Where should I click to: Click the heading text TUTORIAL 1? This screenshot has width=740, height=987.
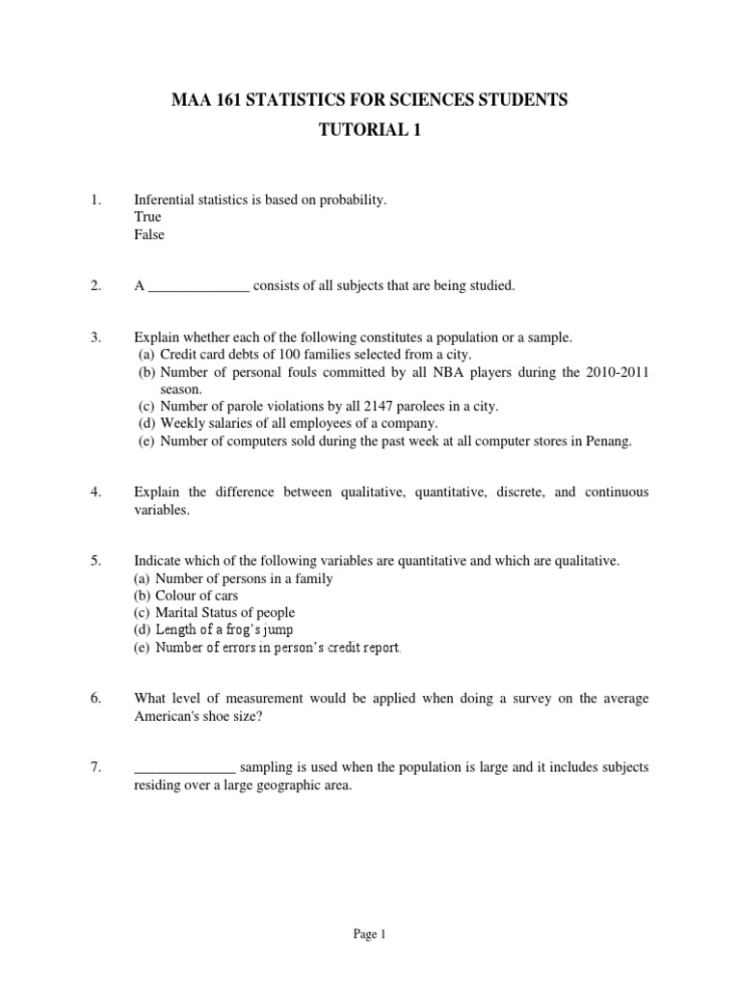tap(370, 131)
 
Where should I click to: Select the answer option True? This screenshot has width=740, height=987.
tap(147, 217)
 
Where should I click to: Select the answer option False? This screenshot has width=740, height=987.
tap(149, 234)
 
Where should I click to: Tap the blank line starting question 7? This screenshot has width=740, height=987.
tap(184, 767)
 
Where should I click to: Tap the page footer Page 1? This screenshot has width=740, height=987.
tap(370, 933)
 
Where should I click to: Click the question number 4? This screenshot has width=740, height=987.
tap(95, 493)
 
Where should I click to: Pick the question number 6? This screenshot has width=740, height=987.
tap(95, 699)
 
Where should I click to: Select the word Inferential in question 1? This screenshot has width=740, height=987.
tap(167, 200)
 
